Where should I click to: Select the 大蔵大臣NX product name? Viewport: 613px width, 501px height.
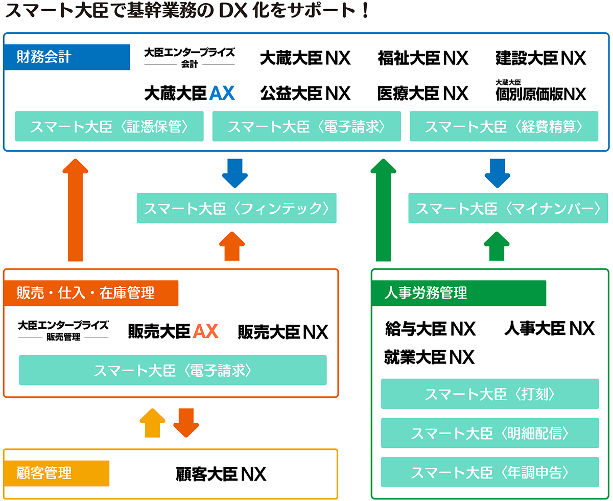[x=305, y=58]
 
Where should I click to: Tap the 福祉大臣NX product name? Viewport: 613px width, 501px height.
[x=423, y=58]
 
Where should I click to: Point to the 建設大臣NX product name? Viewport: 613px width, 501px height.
[x=540, y=58]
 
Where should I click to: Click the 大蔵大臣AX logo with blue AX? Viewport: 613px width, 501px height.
[x=189, y=93]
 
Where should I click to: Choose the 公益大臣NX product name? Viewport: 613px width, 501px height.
[x=305, y=93]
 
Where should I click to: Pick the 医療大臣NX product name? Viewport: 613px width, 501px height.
[x=423, y=93]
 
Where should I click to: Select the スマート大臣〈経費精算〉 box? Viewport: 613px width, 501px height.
[x=504, y=126]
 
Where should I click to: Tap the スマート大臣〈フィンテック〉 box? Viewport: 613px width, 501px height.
[x=237, y=208]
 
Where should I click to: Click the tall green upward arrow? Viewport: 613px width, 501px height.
[x=383, y=210]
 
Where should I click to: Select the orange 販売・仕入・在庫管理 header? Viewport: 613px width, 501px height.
[x=91, y=293]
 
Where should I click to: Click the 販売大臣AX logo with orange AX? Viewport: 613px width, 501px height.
[x=173, y=332]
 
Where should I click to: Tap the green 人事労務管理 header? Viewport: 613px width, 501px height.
[x=459, y=293]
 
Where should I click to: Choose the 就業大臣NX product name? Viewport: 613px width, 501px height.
[x=429, y=357]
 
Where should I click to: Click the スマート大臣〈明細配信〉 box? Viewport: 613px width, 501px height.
[x=490, y=433]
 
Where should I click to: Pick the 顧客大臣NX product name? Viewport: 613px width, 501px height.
[x=221, y=474]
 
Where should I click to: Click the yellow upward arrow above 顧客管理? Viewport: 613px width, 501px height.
[x=153, y=423]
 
